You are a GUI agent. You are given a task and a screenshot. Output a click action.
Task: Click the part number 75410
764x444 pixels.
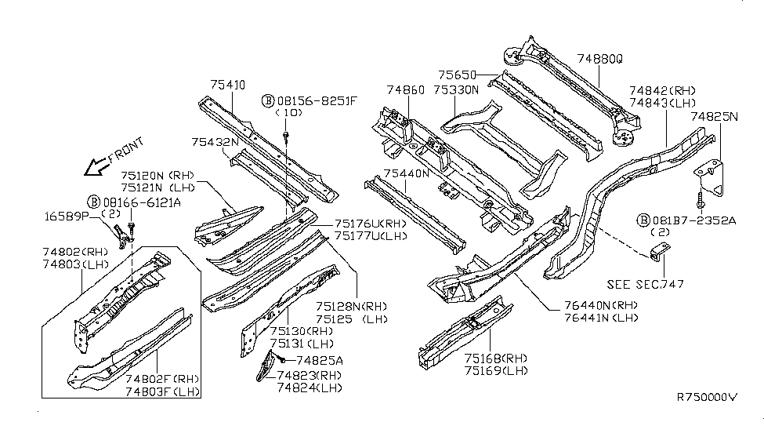(x=227, y=85)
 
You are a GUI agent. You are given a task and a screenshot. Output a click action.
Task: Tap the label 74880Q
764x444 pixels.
(x=599, y=59)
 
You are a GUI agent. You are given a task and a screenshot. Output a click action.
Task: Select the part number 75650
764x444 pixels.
(x=457, y=75)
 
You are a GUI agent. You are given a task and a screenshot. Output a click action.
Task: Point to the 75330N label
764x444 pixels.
(x=456, y=90)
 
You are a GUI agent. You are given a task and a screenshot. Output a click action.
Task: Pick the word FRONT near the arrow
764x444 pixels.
(x=126, y=150)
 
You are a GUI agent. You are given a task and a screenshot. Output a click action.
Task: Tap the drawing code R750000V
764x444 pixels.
(x=707, y=397)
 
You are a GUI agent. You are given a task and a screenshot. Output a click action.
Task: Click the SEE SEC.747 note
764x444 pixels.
(x=645, y=284)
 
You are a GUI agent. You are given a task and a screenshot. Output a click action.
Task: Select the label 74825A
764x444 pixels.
(x=320, y=361)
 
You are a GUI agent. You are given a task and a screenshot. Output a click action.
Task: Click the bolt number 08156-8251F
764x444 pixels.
(x=317, y=101)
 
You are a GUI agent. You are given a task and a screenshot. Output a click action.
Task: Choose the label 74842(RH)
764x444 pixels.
(x=662, y=91)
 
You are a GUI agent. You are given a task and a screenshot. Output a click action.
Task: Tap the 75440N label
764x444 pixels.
(x=407, y=173)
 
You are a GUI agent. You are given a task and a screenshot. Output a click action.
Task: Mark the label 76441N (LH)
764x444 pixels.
(x=601, y=318)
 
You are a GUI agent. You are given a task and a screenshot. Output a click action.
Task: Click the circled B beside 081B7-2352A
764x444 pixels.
(x=643, y=220)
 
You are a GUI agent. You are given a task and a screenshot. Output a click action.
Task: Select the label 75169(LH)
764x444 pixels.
(x=496, y=371)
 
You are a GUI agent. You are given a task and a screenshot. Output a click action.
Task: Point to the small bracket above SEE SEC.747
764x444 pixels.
(x=661, y=251)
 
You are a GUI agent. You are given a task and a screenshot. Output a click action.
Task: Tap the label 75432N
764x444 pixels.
(x=215, y=142)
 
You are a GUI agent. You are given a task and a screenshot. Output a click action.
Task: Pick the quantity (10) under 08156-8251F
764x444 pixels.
(x=289, y=113)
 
